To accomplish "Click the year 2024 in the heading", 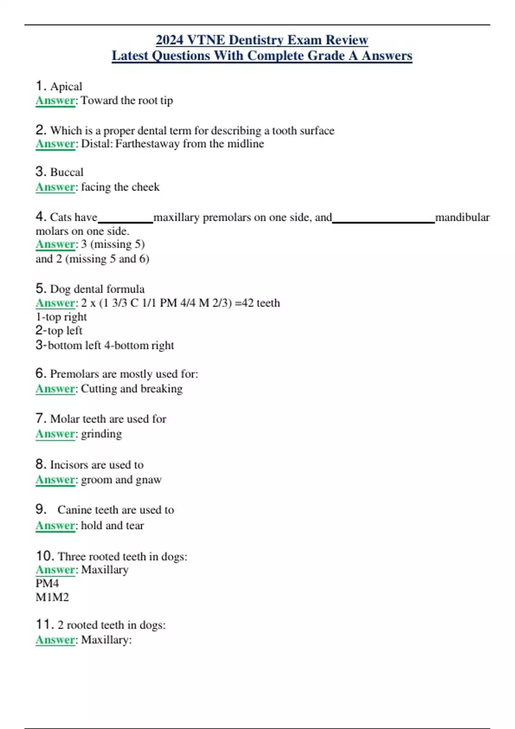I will [170, 40].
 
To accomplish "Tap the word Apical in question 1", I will [66, 87].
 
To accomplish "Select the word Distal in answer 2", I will [96, 144].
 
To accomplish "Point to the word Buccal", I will [67, 172].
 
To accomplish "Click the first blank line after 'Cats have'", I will [125, 222].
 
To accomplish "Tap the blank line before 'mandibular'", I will [384, 222].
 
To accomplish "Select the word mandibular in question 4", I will [462, 217].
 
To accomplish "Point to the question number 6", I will [41, 374].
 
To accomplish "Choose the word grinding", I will [101, 434].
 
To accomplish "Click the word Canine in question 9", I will [74, 510].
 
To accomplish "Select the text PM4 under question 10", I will [47, 584].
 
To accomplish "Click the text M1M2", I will [52, 597].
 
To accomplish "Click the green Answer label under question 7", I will [55, 434].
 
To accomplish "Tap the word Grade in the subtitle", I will [332, 56].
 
